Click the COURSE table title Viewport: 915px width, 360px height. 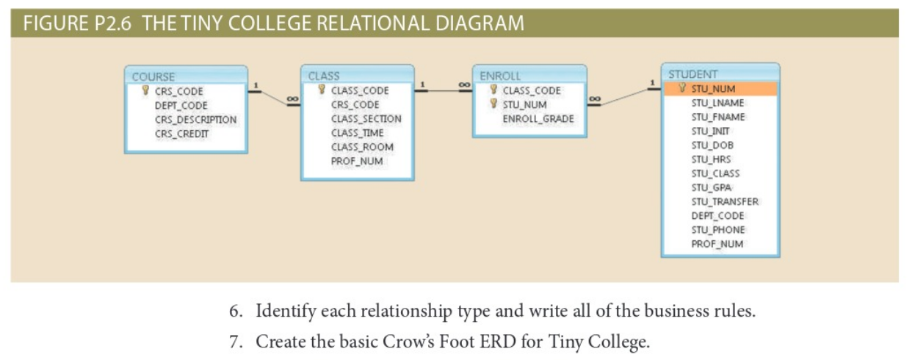153,76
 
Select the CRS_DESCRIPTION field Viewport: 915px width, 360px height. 195,120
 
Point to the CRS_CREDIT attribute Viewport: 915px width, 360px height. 181,134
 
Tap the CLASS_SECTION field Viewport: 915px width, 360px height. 366,118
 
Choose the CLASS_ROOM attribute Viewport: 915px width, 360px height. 361,147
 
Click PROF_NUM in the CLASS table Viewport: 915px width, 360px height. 356,161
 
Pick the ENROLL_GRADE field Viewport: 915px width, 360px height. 538,118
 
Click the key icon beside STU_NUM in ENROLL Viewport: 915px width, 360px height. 493,104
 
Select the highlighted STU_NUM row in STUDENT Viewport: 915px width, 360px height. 719,89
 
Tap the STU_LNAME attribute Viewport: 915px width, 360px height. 717,103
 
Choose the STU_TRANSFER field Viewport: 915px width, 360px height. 724,201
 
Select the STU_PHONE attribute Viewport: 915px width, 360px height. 717,230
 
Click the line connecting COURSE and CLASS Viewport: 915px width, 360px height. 274,97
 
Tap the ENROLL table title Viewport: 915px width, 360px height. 499,76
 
